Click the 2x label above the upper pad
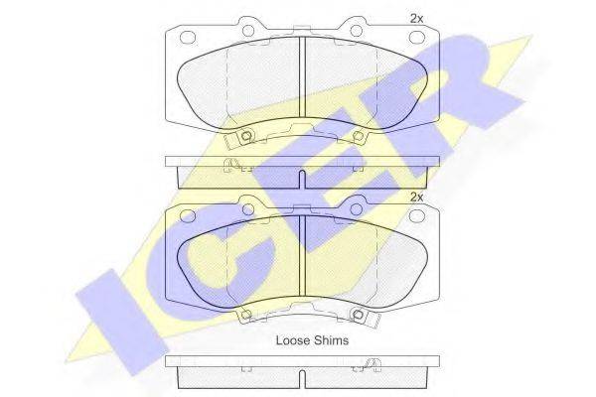[416, 18]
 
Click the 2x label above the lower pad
[416, 198]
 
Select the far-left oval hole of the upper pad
[188, 38]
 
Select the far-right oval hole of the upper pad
[416, 38]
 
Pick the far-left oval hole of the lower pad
[188, 215]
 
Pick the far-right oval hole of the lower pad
[416, 215]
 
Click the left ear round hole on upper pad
[248, 30]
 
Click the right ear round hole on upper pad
[357, 30]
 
